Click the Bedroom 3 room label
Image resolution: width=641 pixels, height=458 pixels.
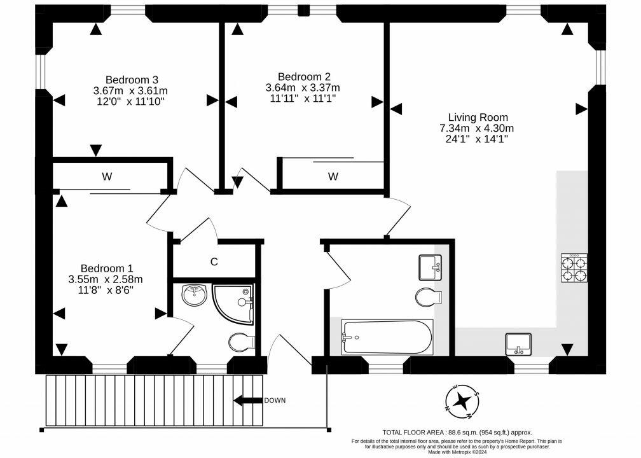pos(132,80)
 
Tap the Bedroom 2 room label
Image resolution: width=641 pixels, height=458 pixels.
pos(303,76)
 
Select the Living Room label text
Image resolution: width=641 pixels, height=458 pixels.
pos(478,117)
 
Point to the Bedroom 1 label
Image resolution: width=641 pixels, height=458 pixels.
pos(106,268)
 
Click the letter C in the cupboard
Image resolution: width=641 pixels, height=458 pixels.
pos(214,261)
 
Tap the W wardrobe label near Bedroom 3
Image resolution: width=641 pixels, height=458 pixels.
pos(106,177)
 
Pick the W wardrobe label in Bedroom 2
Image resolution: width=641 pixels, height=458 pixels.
pos(333,176)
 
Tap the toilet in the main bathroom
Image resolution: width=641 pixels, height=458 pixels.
pos(429,296)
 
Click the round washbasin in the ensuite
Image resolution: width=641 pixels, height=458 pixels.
pos(195,295)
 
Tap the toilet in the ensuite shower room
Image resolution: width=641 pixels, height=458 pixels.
pos(242,342)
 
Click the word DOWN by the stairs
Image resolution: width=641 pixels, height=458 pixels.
pos(275,400)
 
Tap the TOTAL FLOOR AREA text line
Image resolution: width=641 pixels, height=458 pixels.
pos(457,432)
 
